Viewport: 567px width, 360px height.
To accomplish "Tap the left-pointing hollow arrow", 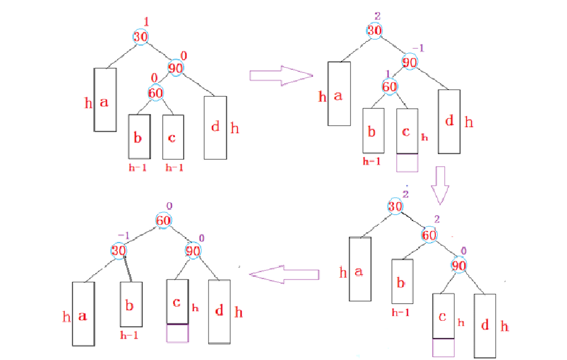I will tap(285, 274).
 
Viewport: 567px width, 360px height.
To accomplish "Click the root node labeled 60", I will tap(164, 220).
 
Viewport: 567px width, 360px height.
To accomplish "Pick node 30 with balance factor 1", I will tap(141, 37).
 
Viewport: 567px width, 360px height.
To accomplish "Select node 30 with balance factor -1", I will tap(119, 251).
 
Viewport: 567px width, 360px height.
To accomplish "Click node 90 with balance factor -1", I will tap(410, 62).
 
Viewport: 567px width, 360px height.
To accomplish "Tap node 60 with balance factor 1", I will tap(390, 86).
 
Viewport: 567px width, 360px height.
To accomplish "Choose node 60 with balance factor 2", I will tap(429, 234).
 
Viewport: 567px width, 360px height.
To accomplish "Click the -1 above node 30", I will tap(124, 236).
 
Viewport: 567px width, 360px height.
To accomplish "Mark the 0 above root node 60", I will tap(169, 205).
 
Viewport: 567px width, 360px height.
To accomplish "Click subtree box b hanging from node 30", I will tap(131, 304).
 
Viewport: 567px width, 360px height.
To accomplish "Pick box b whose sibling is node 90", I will tap(402, 282).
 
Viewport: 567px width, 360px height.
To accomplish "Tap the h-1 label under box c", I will tap(175, 167).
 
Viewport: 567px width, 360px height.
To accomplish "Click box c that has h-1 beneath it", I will tap(173, 137).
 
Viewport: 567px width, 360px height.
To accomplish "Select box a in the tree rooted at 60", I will tap(83, 314).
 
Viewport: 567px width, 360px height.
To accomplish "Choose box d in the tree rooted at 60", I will tap(219, 311).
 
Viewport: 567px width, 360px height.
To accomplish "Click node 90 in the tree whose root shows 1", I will tap(176, 68).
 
